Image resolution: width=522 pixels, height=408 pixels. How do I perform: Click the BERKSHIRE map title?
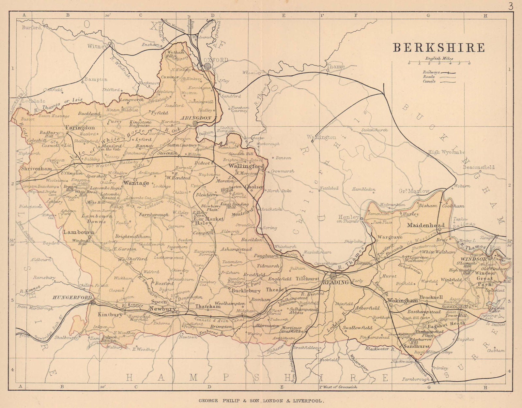[439, 48]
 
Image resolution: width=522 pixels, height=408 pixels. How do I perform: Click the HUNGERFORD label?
[73, 297]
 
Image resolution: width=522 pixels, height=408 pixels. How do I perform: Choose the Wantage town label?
[136, 183]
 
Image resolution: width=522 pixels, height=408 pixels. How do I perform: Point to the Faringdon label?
[80, 128]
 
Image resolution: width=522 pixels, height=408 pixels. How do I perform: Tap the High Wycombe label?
[446, 152]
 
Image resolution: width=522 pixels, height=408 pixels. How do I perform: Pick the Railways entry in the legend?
[431, 72]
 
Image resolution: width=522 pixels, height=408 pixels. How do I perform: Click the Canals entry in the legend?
[429, 81]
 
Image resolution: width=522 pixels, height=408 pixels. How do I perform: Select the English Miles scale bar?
[439, 62]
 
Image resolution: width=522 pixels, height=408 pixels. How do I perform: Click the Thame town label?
[336, 67]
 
